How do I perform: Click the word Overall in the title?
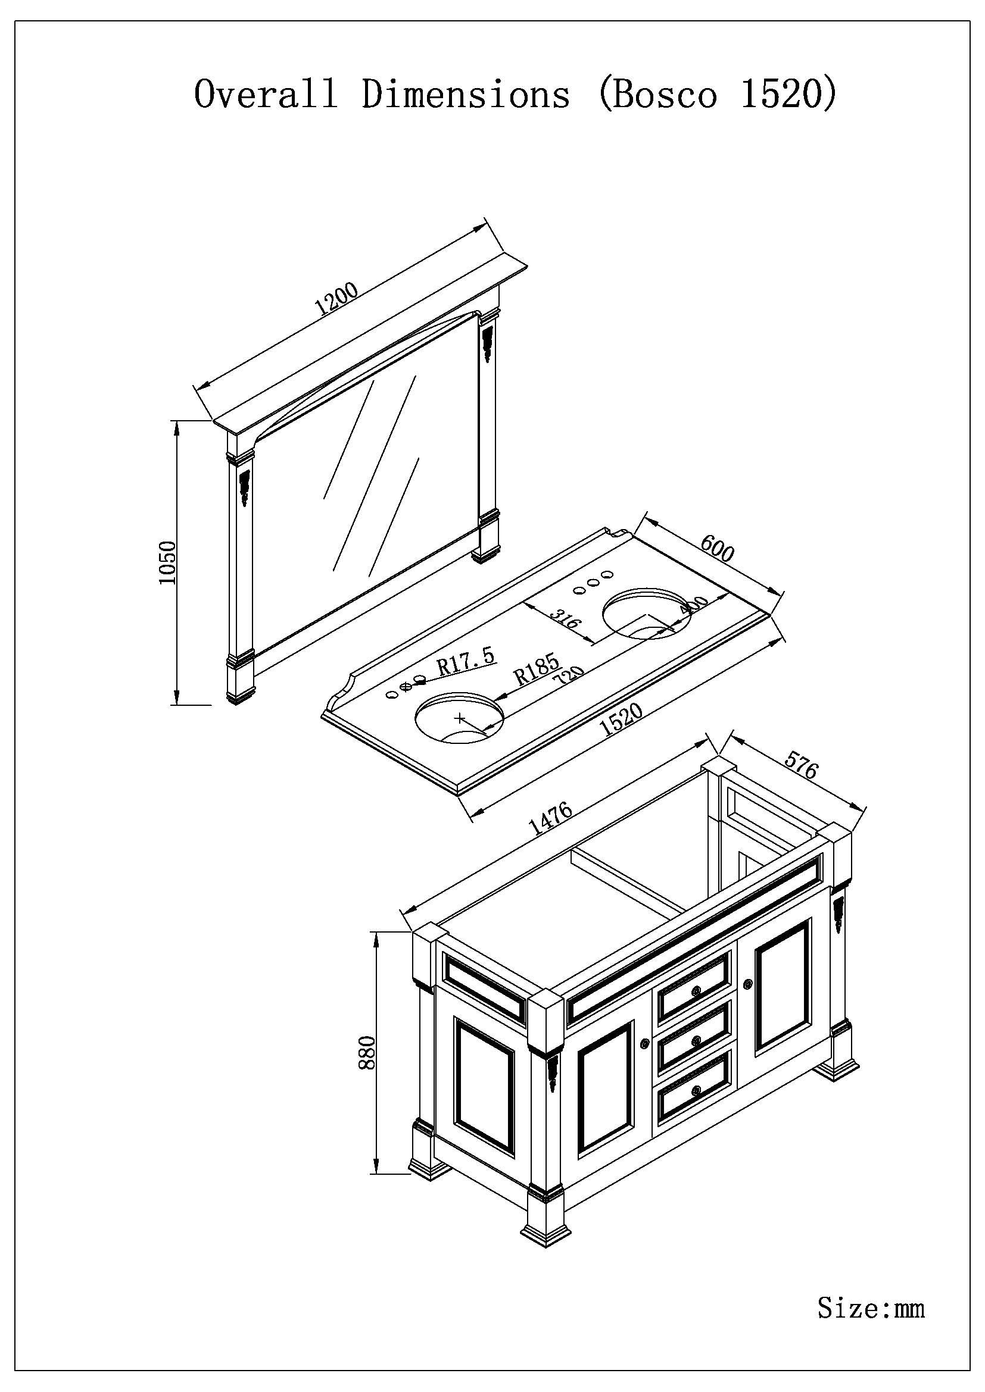pyautogui.click(x=265, y=95)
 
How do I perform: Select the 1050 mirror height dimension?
pyautogui.click(x=167, y=562)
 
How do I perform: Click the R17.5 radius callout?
pyautogui.click(x=466, y=662)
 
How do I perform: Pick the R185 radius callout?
pyautogui.click(x=536, y=670)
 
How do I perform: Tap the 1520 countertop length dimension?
pyautogui.click(x=623, y=720)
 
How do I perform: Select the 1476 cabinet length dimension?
pyautogui.click(x=551, y=819)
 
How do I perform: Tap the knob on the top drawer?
pyautogui.click(x=696, y=991)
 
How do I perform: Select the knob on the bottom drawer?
pyautogui.click(x=696, y=1090)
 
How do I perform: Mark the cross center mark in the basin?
pyautogui.click(x=460, y=718)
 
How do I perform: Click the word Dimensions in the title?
pyautogui.click(x=466, y=95)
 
